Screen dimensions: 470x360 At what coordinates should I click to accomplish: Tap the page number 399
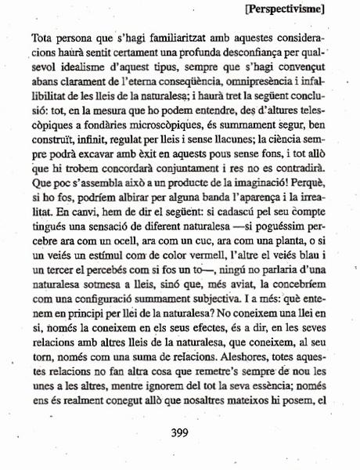pyautogui.click(x=181, y=432)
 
